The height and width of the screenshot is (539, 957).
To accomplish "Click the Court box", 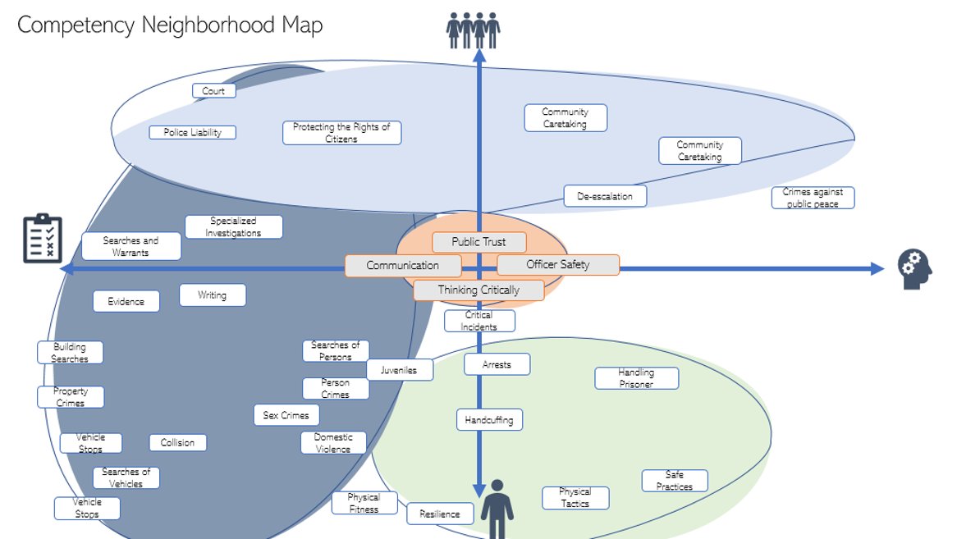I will (x=214, y=91).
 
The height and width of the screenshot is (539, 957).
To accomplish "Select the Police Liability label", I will (x=193, y=132).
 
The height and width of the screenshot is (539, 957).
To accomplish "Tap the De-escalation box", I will (x=605, y=196).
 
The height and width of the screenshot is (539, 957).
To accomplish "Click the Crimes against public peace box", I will (x=813, y=198).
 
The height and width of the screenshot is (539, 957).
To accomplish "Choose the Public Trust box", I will (x=479, y=242).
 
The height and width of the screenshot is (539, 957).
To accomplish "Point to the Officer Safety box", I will (x=558, y=265).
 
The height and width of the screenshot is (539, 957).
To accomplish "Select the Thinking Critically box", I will (x=478, y=290).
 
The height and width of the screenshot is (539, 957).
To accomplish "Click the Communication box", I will (x=402, y=266).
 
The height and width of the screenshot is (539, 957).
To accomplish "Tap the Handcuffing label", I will (x=489, y=419).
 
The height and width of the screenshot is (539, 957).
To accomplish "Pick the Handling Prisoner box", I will (x=636, y=378).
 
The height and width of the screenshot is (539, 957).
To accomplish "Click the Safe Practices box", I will (x=674, y=481).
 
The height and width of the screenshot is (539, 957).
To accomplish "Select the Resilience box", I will (x=441, y=514).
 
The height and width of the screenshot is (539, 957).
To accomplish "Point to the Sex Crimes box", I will (x=286, y=415).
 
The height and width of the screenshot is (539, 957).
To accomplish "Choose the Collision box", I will (x=177, y=442).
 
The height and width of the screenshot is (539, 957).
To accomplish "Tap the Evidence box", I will (x=126, y=301).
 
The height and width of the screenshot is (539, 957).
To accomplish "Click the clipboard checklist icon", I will (x=43, y=238).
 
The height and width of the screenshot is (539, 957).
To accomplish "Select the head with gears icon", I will (x=914, y=268).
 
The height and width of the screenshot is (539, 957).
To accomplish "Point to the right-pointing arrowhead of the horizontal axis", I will (x=872, y=268).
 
